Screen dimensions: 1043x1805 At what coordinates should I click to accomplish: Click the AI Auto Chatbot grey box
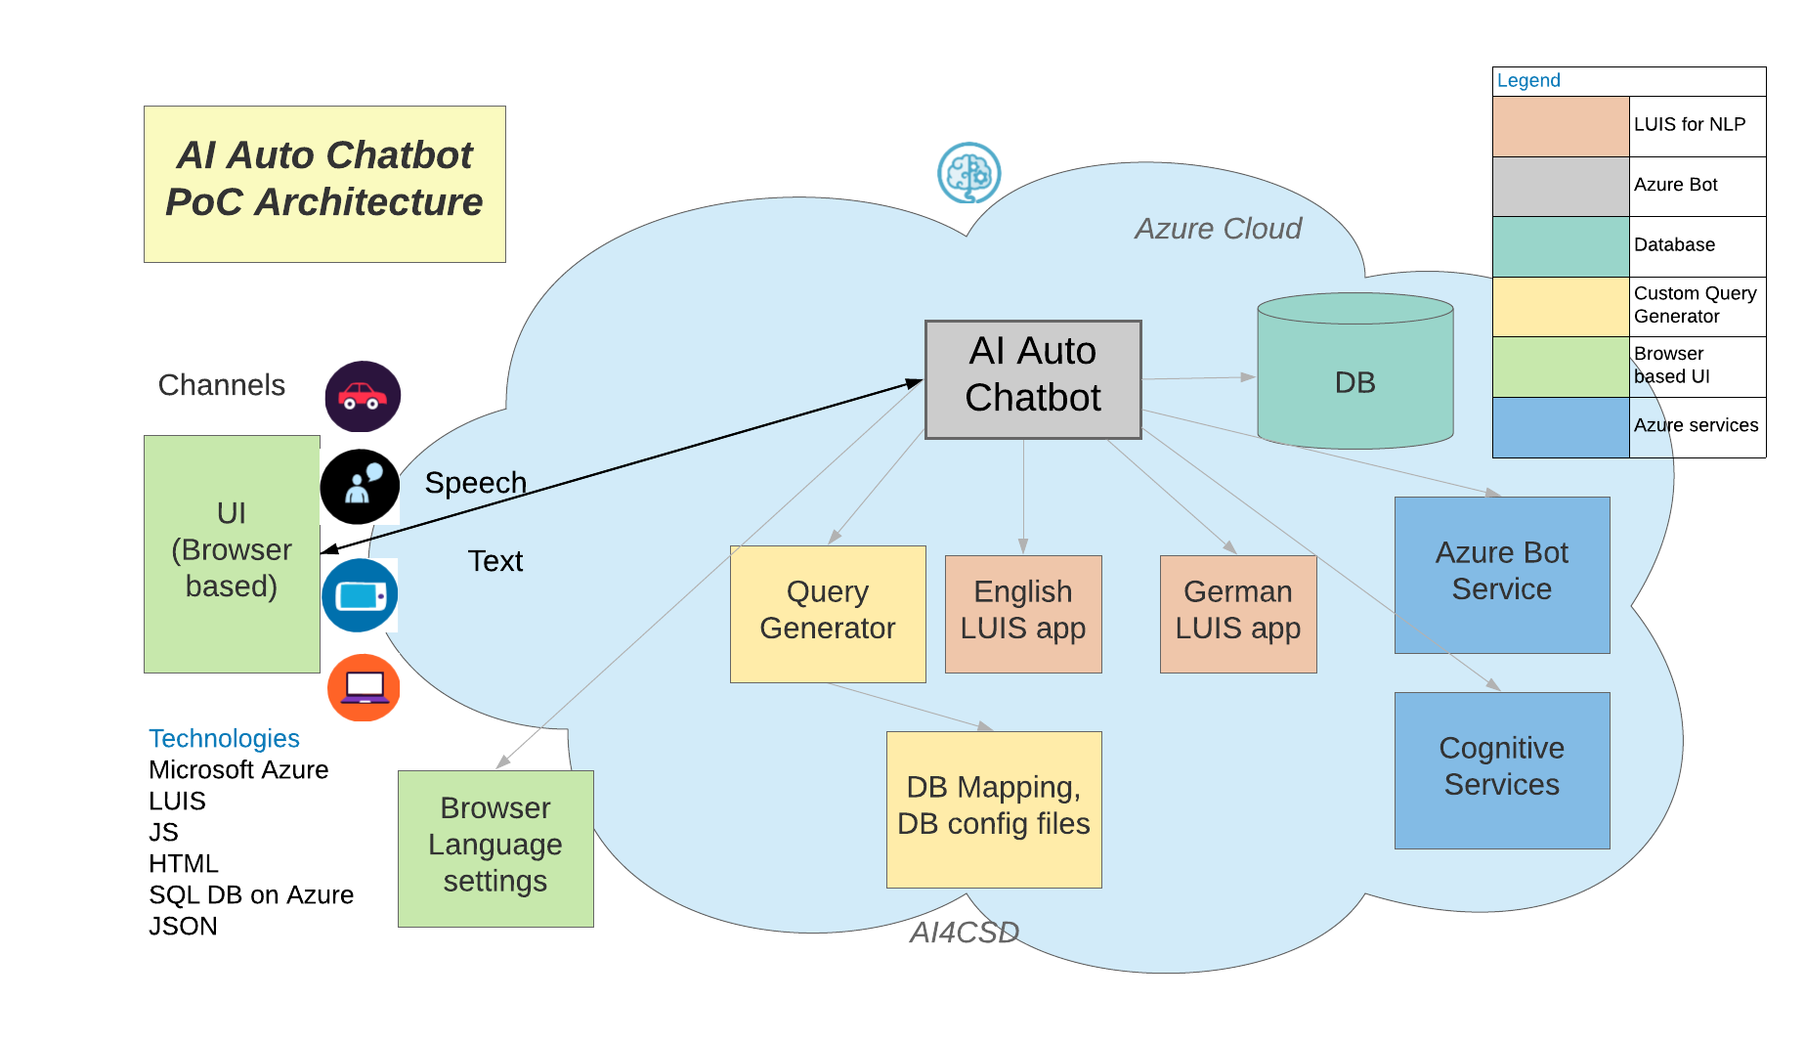[x=1033, y=379]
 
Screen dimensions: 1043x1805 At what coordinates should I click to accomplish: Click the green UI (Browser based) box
[x=232, y=553]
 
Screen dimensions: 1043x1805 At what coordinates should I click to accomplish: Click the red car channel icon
[x=363, y=397]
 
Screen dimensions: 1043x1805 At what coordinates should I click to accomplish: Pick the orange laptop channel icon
[x=364, y=688]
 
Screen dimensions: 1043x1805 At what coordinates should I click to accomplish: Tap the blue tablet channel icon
[x=360, y=595]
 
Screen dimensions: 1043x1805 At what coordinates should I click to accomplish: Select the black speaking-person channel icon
[x=360, y=487]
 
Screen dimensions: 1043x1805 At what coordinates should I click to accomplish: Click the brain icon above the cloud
[x=968, y=173]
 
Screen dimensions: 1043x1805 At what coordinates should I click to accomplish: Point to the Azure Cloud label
[x=1218, y=229]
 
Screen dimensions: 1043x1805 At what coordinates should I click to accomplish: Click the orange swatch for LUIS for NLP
[x=1561, y=126]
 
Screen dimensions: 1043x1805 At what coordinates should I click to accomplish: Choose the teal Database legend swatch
[x=1561, y=246]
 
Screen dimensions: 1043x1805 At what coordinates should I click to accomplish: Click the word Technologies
[x=224, y=738]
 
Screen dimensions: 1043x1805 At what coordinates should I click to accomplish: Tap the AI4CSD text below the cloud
[x=965, y=933]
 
